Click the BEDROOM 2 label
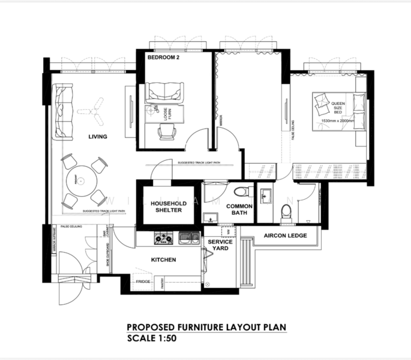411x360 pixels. pyautogui.click(x=164, y=58)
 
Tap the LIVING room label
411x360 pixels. pyautogui.click(x=97, y=137)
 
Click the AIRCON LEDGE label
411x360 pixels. pyautogui.click(x=286, y=236)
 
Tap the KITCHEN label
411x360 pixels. pyautogui.click(x=163, y=260)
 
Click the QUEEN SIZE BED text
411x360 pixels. pyautogui.click(x=338, y=108)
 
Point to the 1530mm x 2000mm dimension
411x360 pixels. pyautogui.click(x=338, y=121)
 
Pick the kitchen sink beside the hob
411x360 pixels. pyautogui.click(x=188, y=238)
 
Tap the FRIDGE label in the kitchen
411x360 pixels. pyautogui.click(x=143, y=281)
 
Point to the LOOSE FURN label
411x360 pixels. pyautogui.click(x=167, y=113)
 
